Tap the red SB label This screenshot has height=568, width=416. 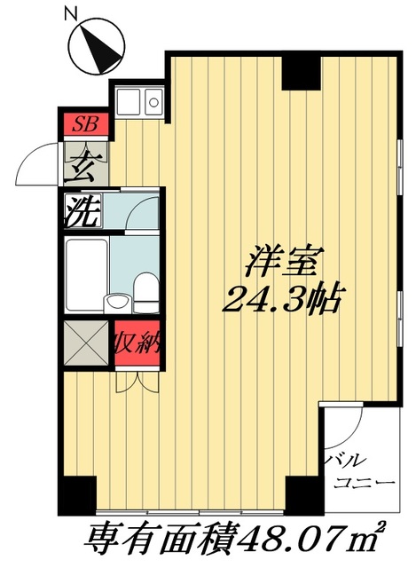click(x=86, y=123)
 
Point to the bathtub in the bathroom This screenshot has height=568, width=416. click(x=86, y=272)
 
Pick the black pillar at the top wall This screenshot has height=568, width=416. click(x=300, y=73)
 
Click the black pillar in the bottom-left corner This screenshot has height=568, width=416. click(x=78, y=494)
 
